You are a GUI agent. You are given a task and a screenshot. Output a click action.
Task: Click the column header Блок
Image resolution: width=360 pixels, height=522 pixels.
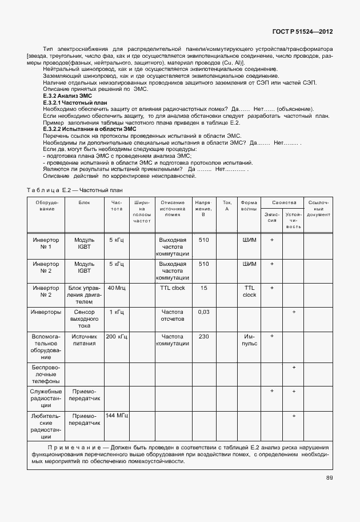point(85,203)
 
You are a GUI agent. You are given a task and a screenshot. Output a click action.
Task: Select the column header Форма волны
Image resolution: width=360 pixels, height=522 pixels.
point(249,206)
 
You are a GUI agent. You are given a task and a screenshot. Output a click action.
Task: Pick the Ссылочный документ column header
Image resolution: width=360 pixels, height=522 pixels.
point(318,209)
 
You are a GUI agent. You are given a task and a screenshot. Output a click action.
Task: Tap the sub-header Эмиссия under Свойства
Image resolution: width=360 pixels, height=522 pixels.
point(273,218)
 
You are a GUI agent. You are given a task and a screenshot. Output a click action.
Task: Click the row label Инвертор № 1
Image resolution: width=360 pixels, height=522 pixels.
point(46,244)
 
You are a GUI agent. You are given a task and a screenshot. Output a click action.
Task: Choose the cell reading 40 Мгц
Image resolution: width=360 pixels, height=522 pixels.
point(117,288)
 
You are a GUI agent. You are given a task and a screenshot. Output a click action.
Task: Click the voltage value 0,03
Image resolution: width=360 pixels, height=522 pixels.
point(203,312)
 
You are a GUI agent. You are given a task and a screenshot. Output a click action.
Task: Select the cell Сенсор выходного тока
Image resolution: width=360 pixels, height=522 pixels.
point(85,319)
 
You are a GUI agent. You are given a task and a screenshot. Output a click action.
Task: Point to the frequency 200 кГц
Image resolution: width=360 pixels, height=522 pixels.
point(117,337)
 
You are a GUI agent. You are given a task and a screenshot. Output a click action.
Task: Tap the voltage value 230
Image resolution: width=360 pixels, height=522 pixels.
point(203,337)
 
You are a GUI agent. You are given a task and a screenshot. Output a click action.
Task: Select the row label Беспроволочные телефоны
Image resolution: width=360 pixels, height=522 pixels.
point(46,373)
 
